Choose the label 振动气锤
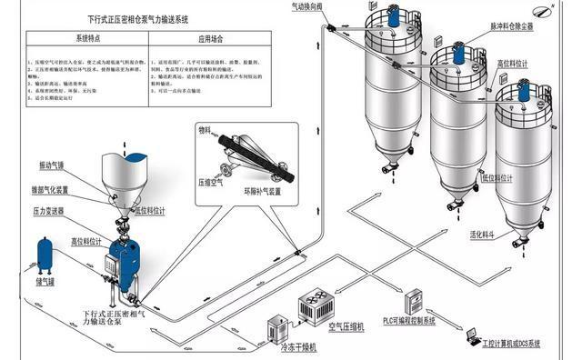(x=52, y=165)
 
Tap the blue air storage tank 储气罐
(x=45, y=257)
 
